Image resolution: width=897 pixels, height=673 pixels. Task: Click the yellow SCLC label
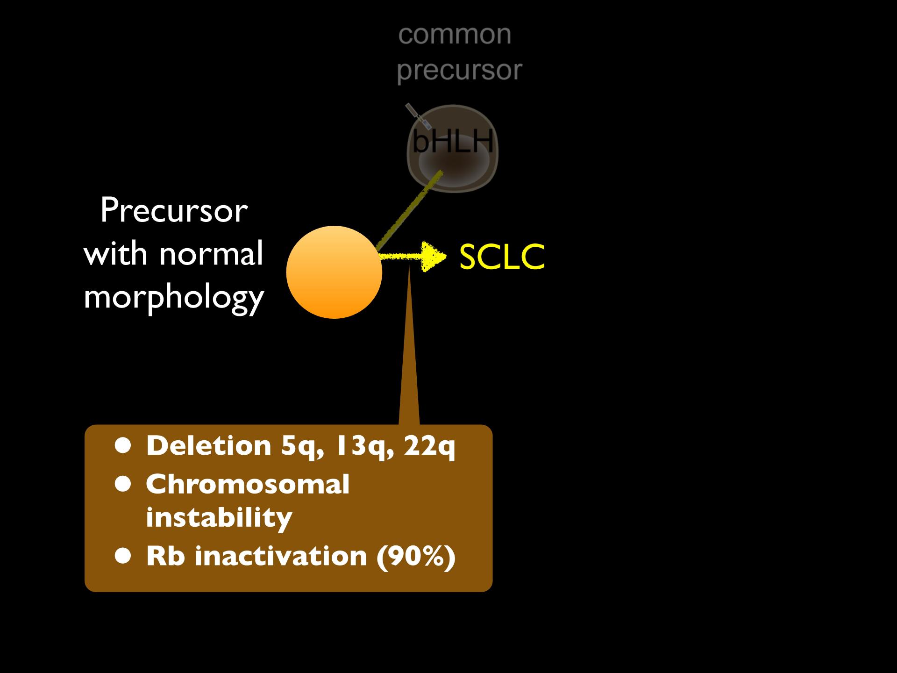(x=502, y=257)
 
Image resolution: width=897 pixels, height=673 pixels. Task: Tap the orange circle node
(x=334, y=272)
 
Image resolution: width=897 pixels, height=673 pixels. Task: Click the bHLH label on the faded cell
(x=453, y=140)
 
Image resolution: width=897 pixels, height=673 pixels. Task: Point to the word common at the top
(x=455, y=35)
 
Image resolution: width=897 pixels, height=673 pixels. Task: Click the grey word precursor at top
(x=459, y=71)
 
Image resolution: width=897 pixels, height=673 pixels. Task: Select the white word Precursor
(x=174, y=211)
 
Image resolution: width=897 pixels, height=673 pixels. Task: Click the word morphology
(x=174, y=298)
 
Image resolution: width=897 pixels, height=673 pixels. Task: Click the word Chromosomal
(x=248, y=484)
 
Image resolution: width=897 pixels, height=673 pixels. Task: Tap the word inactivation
(x=281, y=556)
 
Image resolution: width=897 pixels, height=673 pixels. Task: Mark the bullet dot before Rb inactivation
(x=124, y=556)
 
